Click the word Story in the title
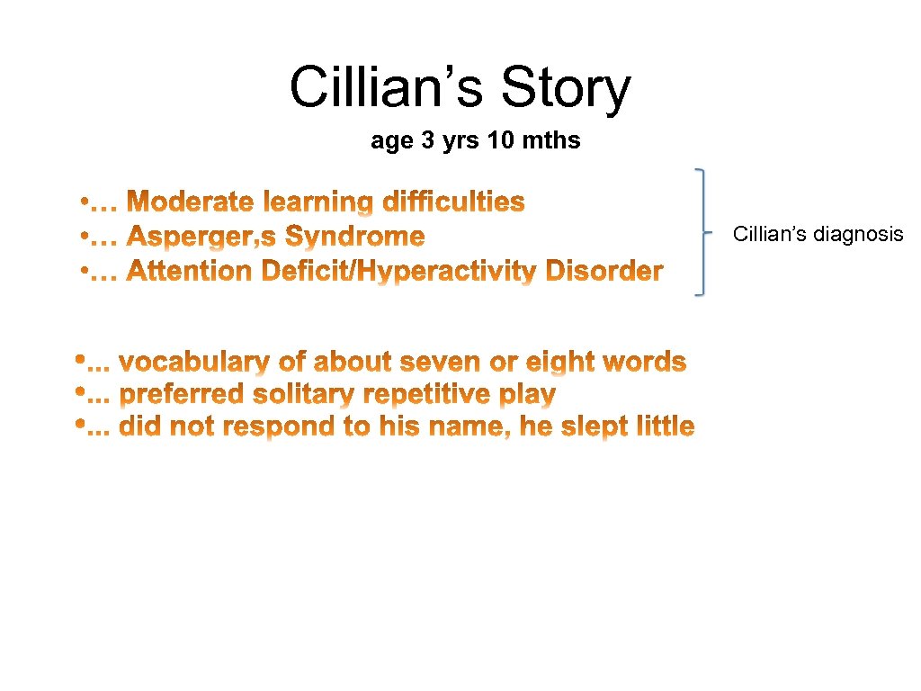tap(566, 88)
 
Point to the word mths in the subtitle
tap(550, 141)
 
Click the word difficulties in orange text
tap(454, 202)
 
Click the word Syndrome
tap(355, 238)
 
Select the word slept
tap(591, 426)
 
